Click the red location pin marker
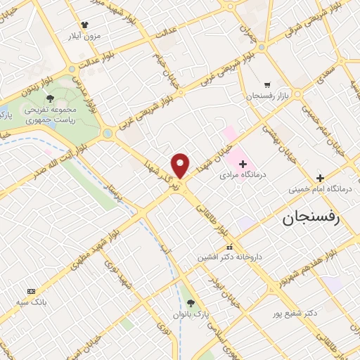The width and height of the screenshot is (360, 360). point(181,165)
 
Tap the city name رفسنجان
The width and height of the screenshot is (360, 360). point(310,218)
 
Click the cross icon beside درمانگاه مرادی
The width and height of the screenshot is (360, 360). point(243,163)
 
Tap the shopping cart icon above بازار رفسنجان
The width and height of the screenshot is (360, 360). point(266,83)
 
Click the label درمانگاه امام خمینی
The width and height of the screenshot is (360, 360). point(321,189)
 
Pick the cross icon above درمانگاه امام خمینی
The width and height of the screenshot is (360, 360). point(321,178)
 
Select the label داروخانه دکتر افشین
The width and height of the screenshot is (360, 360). point(230,257)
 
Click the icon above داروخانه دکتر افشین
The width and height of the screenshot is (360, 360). point(230,247)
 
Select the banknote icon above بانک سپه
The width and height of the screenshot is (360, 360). point(31,291)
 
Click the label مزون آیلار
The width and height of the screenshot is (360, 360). point(84,34)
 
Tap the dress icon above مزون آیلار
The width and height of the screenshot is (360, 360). point(84,24)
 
